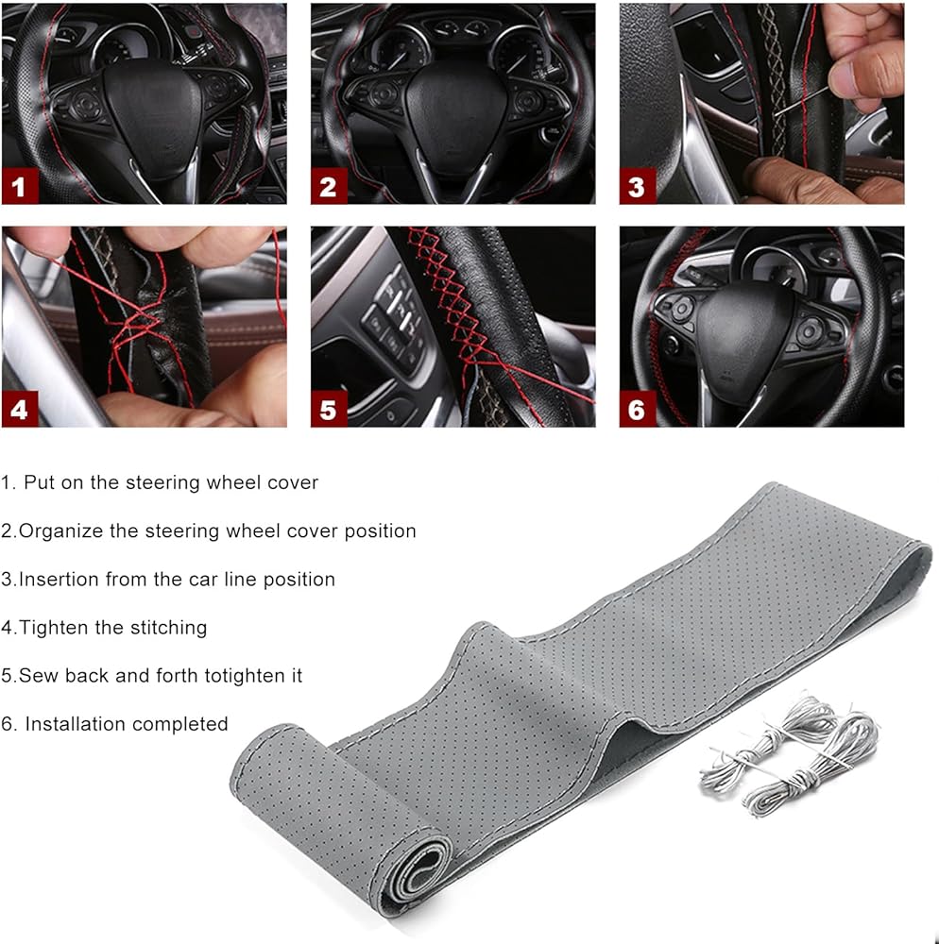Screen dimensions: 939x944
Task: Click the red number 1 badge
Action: [x=21, y=186]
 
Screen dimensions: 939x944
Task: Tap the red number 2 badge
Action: [x=329, y=186]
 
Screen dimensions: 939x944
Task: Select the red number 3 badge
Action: [x=638, y=186]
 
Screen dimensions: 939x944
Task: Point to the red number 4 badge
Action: [x=21, y=410]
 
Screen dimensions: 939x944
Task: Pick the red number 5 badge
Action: [x=329, y=410]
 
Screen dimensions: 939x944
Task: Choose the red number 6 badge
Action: [x=638, y=410]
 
